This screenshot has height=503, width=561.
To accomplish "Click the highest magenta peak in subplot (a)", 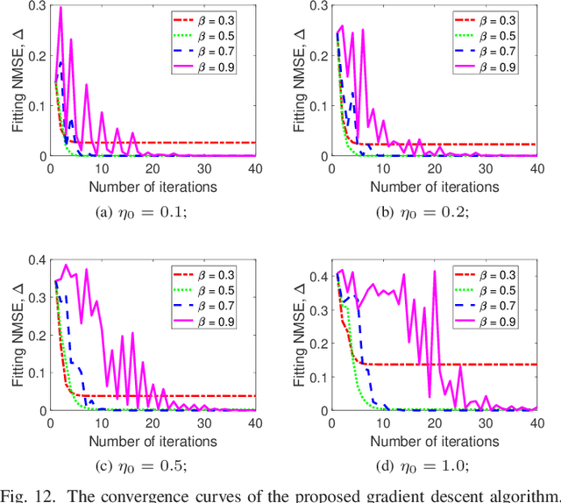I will [x=60, y=8].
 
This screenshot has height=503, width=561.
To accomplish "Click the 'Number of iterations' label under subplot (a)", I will [x=151, y=186].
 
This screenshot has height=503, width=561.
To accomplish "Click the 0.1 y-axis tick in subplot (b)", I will [x=319, y=106].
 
